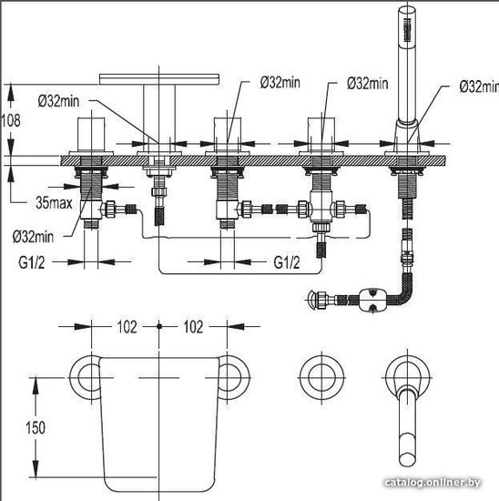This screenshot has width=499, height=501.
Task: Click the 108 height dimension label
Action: pyautogui.click(x=11, y=120)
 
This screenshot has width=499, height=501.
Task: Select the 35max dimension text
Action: pyautogui.click(x=54, y=202)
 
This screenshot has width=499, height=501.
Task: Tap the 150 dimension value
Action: pyautogui.click(x=36, y=427)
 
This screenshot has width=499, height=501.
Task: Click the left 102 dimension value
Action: pyautogui.click(x=127, y=326)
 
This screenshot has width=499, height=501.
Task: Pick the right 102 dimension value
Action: pyautogui.click(x=193, y=326)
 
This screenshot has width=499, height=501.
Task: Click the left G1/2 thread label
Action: pyautogui.click(x=31, y=262)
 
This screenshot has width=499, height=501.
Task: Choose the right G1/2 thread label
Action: pyautogui.click(x=287, y=262)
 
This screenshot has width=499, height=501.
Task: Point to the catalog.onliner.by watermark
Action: pyautogui.click(x=433, y=482)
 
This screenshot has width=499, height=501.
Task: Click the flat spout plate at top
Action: pyautogui.click(x=159, y=79)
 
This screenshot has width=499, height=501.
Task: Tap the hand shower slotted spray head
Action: pyautogui.click(x=407, y=30)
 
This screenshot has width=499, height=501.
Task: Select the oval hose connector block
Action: pyautogui.click(x=372, y=300)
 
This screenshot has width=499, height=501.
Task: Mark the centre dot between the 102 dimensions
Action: pyautogui.click(x=159, y=326)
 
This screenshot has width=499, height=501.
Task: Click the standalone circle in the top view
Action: pyautogui.click(x=321, y=377)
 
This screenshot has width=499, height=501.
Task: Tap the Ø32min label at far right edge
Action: pyautogui.click(x=479, y=87)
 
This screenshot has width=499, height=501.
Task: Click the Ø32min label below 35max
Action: pyautogui.click(x=33, y=237)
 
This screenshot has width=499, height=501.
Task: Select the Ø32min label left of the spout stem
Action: pyautogui.click(x=58, y=101)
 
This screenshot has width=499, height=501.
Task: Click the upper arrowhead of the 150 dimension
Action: pyautogui.click(x=36, y=385)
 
